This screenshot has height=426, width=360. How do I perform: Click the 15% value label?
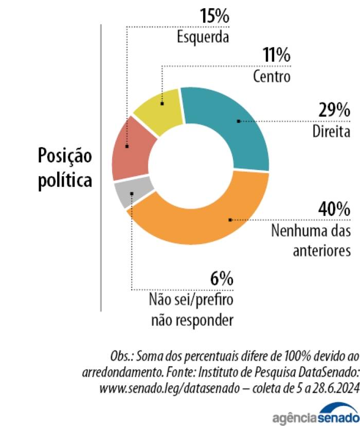(x=215, y=16)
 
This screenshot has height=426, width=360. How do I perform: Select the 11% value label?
(x=277, y=54)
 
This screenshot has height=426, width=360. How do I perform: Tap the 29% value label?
(x=334, y=110)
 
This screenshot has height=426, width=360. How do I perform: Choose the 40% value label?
(x=334, y=209)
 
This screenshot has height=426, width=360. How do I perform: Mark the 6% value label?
(x=222, y=278)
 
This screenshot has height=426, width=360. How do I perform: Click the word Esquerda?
(x=203, y=37)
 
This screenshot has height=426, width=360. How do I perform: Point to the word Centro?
(x=272, y=77)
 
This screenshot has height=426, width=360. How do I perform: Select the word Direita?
(x=331, y=131)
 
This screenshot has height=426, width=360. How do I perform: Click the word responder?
(x=206, y=320)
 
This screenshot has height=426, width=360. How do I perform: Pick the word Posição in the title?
(x=65, y=156)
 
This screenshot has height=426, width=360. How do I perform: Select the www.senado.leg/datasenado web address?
(x=170, y=388)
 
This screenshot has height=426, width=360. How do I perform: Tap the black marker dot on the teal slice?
(x=239, y=121)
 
